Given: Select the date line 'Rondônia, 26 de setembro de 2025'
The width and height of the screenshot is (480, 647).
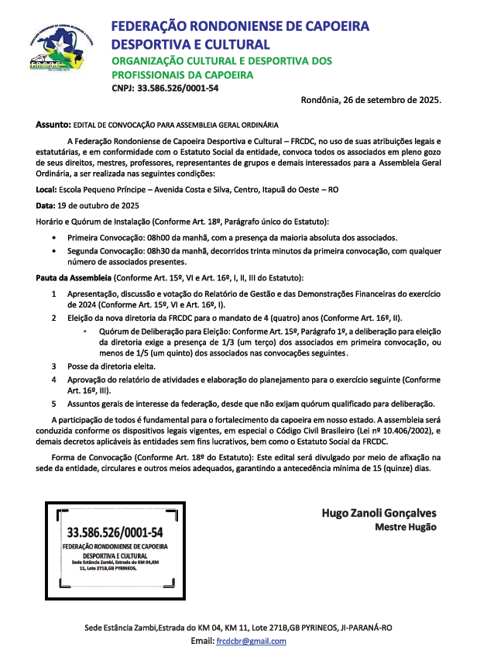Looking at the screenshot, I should coord(371,100).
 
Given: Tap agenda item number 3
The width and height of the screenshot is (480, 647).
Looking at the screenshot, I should coord(53,366).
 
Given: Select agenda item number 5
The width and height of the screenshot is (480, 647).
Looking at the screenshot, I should coord(53,404).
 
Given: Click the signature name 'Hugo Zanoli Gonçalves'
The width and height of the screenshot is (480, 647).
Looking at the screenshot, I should coord(379,513).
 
